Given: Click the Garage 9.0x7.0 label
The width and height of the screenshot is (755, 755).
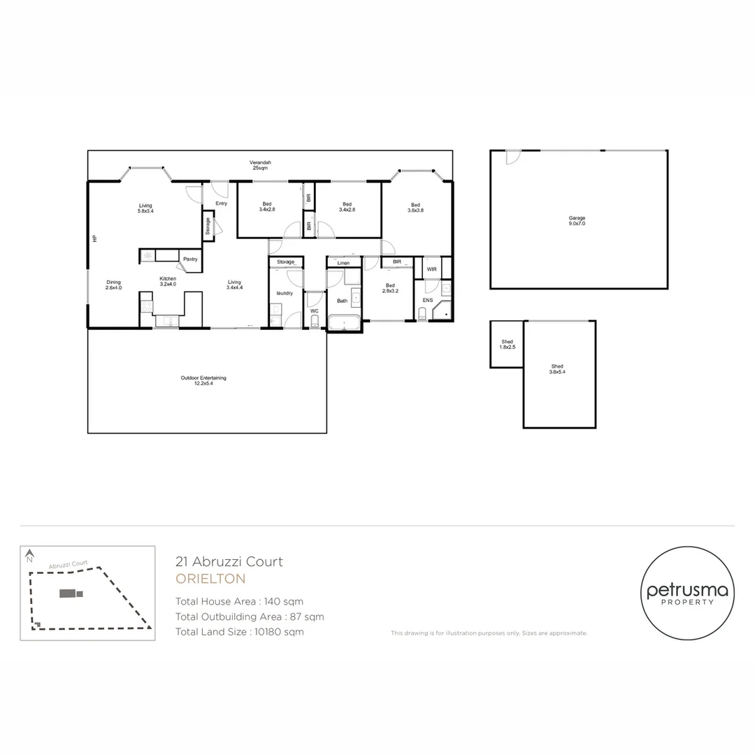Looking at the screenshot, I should (x=577, y=221).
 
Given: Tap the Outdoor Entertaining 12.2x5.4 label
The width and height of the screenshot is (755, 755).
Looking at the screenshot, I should (x=203, y=380).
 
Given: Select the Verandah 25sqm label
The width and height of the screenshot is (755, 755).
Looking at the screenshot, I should (x=260, y=166).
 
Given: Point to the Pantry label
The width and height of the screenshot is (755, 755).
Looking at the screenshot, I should (x=190, y=259).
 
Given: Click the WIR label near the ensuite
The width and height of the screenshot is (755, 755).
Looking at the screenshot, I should (x=431, y=268).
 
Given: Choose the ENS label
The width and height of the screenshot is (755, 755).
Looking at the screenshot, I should (x=427, y=300).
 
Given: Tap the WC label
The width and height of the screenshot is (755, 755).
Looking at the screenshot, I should (x=315, y=310).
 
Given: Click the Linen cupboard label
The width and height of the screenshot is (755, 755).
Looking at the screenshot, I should (x=343, y=263).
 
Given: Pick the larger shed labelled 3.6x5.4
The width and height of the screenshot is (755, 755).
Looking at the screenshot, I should (x=557, y=370).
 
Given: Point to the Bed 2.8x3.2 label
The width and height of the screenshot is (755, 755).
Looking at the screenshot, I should (x=390, y=288).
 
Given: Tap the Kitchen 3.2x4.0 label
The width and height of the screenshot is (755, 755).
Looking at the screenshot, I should (x=168, y=282).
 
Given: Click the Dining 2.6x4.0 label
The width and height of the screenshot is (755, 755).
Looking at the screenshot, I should (x=113, y=285).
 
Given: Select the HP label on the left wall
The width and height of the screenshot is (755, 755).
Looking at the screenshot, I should (x=94, y=238).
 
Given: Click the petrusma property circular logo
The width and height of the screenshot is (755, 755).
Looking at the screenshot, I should (x=687, y=594).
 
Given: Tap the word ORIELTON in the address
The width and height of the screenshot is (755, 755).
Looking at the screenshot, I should (x=210, y=579).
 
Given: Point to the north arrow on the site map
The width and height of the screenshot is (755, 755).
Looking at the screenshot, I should (x=29, y=556).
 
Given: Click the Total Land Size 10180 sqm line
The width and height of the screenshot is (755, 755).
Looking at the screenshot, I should (x=240, y=632).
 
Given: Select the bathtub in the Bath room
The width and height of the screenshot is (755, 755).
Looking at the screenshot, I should (x=343, y=323).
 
